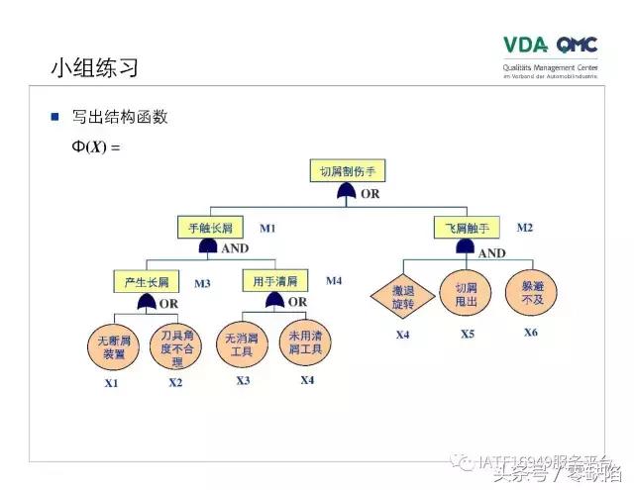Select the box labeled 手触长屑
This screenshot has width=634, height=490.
pos(210,227)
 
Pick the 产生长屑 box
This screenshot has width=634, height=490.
pos(147,282)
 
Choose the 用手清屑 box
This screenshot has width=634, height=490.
pos(274,281)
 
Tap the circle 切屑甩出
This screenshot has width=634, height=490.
pos(467,294)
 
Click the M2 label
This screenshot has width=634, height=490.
pos(524,228)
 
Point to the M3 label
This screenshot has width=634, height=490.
pos(202,283)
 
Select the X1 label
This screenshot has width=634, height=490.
pos(111,383)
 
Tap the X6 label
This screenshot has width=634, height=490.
pos(531,332)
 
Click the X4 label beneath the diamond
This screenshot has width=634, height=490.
pos(402,335)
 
